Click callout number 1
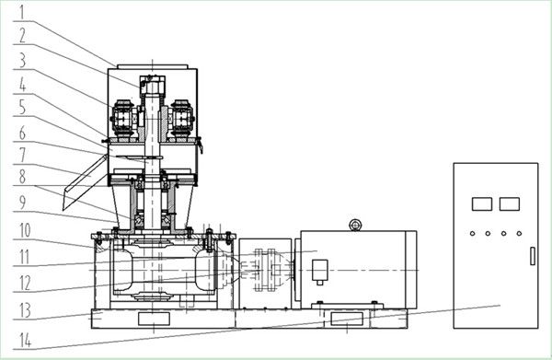22,12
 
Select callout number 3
22,60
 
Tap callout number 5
22,107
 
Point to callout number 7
22,155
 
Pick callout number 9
22,203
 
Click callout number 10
25,230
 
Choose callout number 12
25,284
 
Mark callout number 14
25,341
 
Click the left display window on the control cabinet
481,204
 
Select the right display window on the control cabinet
509,204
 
